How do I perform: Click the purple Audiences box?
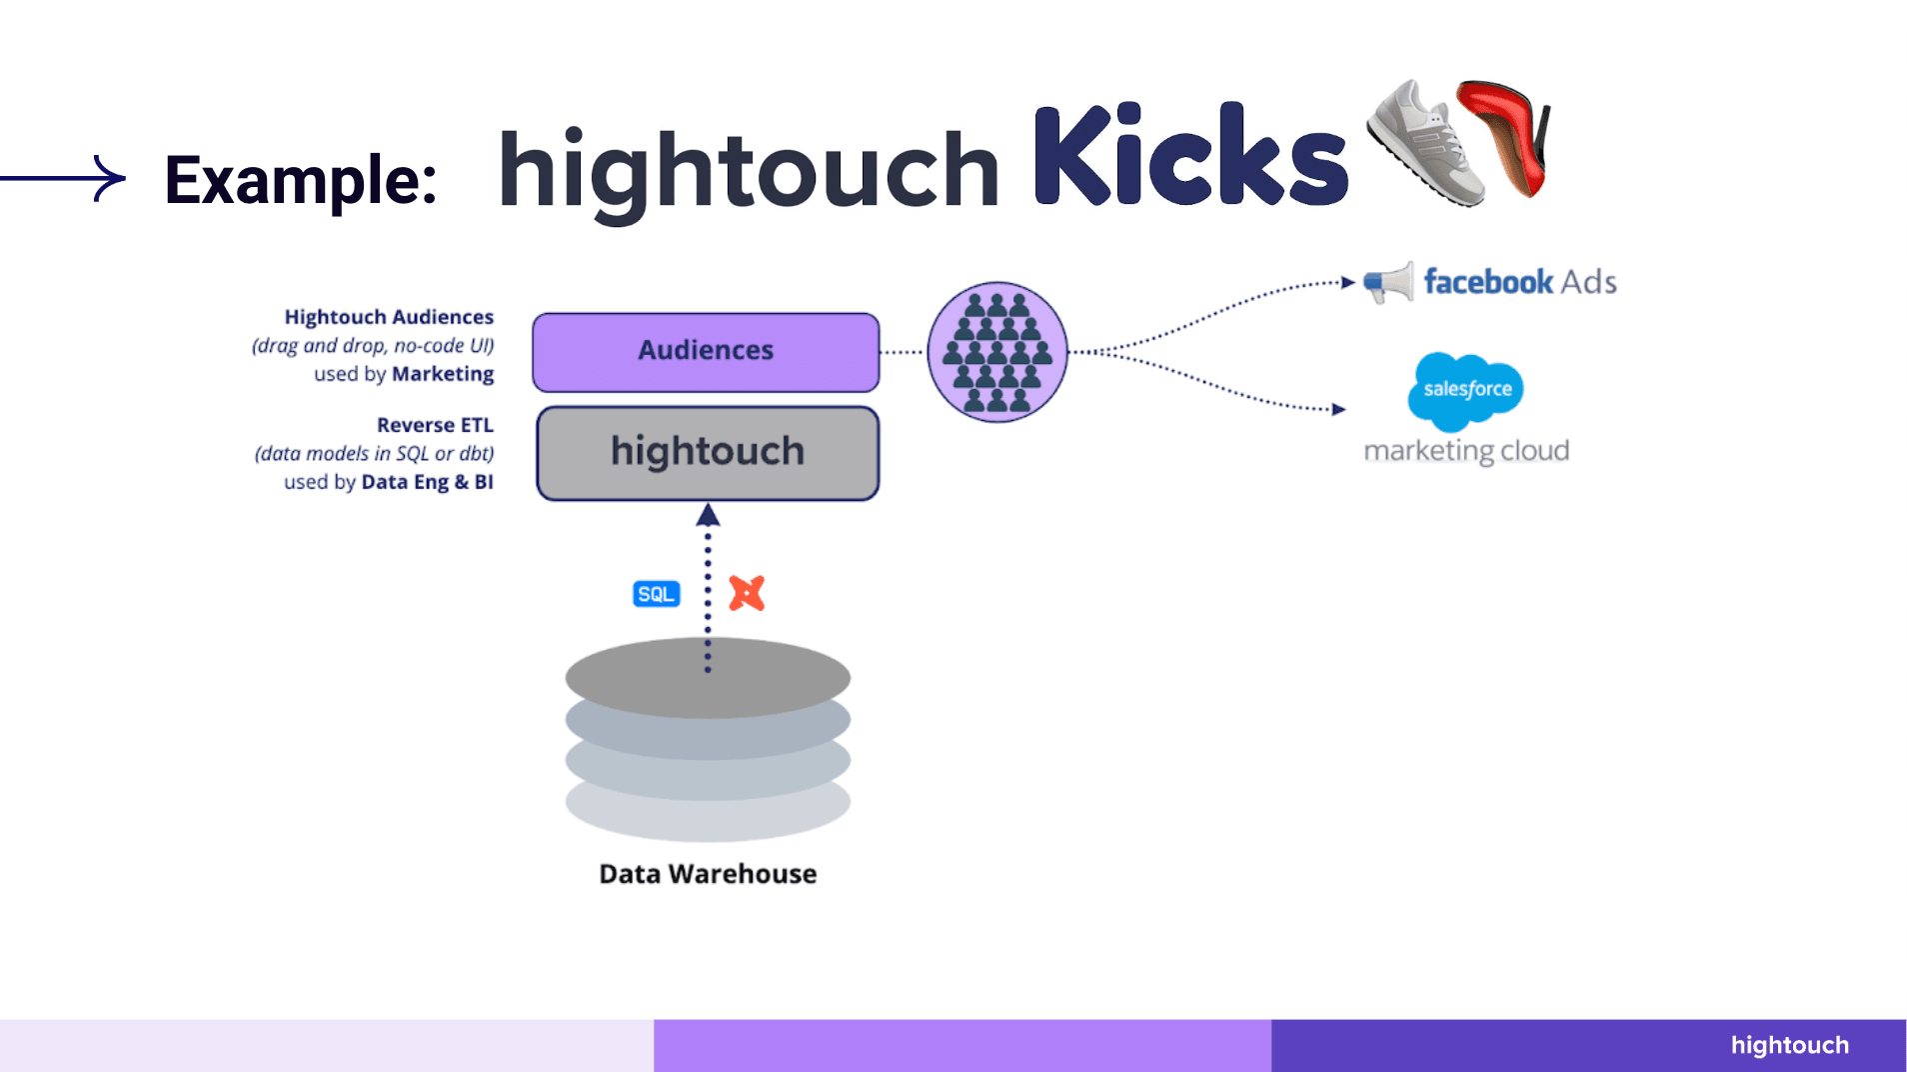706,352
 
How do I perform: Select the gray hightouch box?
708,453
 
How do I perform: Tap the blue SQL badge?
656,594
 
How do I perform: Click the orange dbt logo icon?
747,593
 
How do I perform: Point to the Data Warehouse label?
708,874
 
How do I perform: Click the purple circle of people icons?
997,352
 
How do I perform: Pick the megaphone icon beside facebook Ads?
1389,283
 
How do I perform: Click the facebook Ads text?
1520,282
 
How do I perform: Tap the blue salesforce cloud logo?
1466,391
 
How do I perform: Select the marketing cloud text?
1466,451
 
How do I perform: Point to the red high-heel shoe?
1504,136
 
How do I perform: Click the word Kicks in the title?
1190,156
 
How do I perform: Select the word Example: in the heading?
301,180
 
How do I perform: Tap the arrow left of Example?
63,178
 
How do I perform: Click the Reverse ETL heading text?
435,425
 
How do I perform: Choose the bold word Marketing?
443,374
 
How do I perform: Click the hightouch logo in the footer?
1790,1045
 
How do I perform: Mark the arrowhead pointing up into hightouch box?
708,514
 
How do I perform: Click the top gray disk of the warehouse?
708,678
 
